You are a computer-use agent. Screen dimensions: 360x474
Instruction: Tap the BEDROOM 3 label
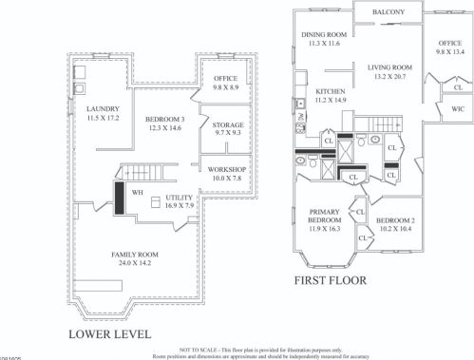163,106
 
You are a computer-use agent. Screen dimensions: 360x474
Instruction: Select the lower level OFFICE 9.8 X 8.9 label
225,82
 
